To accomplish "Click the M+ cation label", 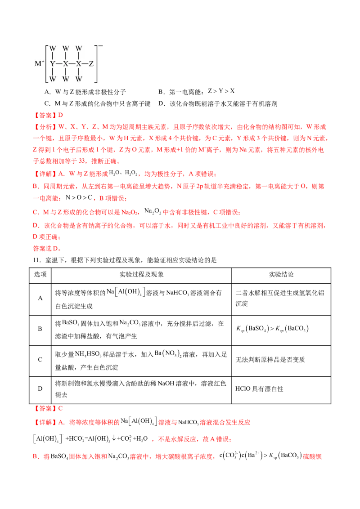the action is click(x=40, y=64).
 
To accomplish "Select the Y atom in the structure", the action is click(x=53, y=64).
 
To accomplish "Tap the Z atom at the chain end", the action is click(x=91, y=64).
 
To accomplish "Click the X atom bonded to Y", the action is click(x=66, y=64).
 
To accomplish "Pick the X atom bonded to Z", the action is click(x=79, y=64).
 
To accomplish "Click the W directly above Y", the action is click(x=53, y=48).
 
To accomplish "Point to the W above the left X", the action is click(x=66, y=48).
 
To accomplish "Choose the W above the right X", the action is click(x=79, y=48).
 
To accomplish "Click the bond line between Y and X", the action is click(x=59, y=64).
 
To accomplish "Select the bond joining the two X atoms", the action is click(x=72, y=64).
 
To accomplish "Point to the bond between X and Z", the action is click(x=85, y=64).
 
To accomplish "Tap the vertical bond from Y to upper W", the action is click(x=53, y=56).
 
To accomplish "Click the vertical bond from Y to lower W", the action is click(x=53, y=72).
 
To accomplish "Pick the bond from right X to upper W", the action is click(x=79, y=56).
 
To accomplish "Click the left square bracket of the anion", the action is click(x=47, y=64).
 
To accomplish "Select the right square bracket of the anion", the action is click(x=96, y=64).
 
